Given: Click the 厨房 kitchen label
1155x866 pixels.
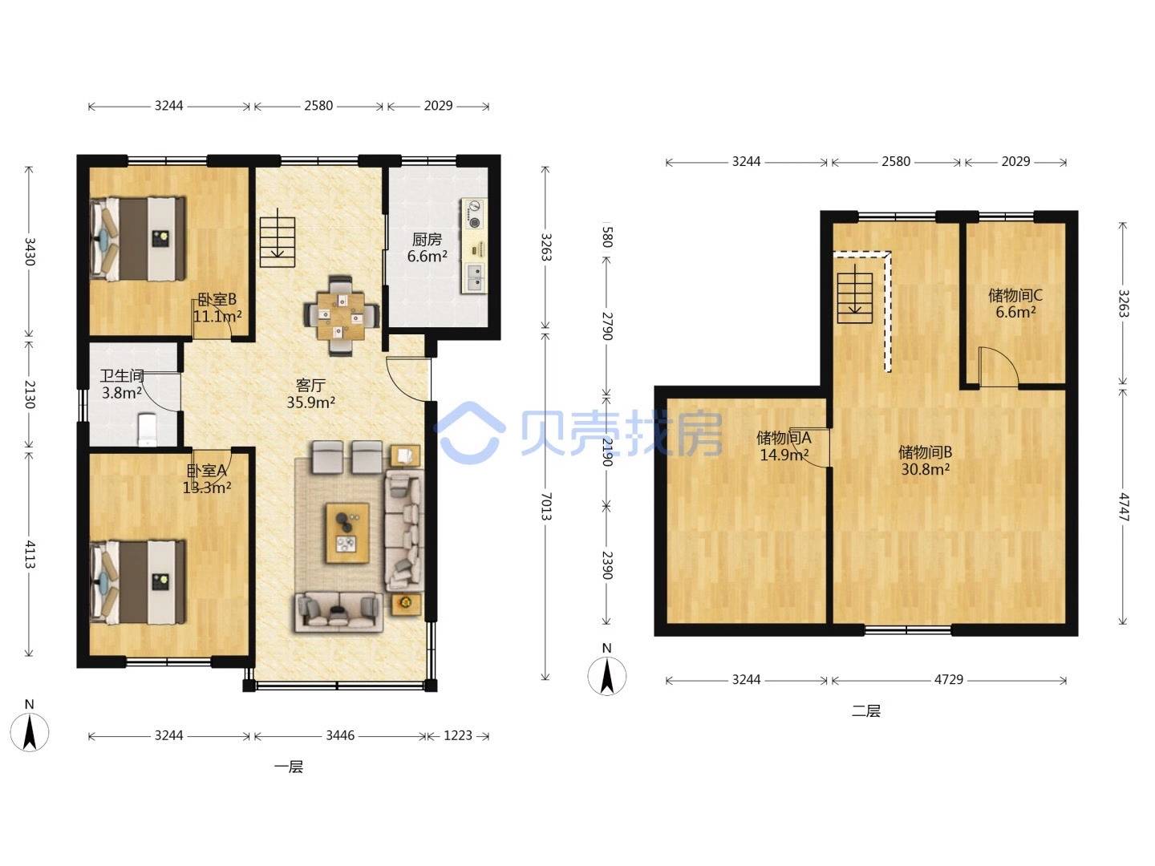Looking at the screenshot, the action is (426, 240).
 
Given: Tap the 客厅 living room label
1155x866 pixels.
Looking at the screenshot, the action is (310, 386).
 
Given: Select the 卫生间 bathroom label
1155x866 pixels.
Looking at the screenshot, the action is (122, 375).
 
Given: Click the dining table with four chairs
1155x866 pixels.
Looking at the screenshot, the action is (341, 315).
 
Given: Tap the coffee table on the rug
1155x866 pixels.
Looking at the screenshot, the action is (346, 532).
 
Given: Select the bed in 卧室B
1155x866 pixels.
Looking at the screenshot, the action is (138, 238).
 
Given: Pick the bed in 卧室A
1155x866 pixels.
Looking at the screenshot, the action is (138, 582).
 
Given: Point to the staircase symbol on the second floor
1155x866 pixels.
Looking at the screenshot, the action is (855, 293).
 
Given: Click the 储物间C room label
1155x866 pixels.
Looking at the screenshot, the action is (1015, 295).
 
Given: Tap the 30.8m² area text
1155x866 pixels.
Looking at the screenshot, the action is (925, 469).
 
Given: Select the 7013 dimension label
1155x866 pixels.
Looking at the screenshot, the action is (545, 506).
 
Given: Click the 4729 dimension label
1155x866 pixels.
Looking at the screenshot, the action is (949, 679).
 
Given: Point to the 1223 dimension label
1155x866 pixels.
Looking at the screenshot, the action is (458, 735).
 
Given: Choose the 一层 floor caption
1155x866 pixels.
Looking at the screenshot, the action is (289, 767).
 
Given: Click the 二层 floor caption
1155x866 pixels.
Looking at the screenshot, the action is (865, 711).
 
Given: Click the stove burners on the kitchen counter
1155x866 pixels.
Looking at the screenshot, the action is (474, 214).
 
